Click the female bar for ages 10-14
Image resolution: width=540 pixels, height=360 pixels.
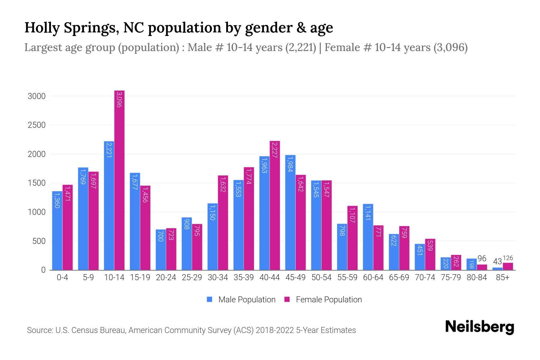pos(119,180)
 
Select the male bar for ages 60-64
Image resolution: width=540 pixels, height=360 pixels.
pos(368,237)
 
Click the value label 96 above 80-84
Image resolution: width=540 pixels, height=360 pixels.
pos(482,259)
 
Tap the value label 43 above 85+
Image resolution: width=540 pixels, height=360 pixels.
pos(497,262)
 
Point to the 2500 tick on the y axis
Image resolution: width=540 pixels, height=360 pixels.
pos(37,125)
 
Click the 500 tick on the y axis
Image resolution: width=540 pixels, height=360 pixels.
pos(39,241)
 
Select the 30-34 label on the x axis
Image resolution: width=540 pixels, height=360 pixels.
pos(218,277)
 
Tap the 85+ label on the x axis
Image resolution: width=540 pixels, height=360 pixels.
pos(502,277)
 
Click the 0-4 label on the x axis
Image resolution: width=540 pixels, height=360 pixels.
pos(62,277)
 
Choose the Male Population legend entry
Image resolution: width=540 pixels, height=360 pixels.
pos(247,300)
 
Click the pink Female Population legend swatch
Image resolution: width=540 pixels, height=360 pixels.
pos(287,299)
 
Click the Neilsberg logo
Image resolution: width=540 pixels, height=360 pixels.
pos(479,327)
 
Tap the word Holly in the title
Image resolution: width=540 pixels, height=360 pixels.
pos(42,28)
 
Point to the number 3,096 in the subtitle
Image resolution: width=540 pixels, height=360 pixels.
pos(450,47)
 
